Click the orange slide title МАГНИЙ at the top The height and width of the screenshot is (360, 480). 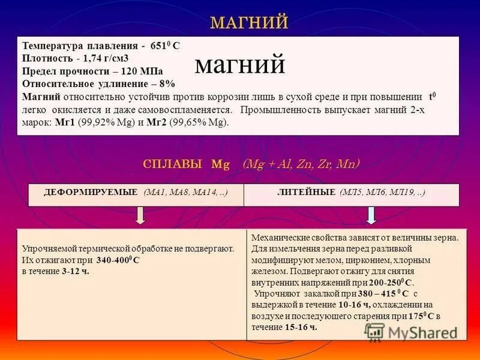coord(249,23)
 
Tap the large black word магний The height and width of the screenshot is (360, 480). coord(240,65)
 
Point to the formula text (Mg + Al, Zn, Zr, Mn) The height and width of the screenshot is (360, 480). coord(301,164)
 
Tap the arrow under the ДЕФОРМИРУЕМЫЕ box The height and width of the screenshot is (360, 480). coord(140,215)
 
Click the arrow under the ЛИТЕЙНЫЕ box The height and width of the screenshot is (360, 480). coord(371,215)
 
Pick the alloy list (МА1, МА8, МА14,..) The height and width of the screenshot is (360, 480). coord(185,192)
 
